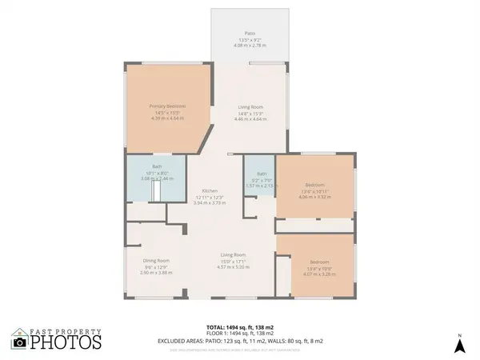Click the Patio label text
[x=250, y=33]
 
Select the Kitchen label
[x=210, y=191]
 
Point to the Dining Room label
[x=156, y=261]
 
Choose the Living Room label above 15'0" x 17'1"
[x=234, y=255]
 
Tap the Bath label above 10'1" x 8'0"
[x=157, y=166]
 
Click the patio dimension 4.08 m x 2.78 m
[x=250, y=46]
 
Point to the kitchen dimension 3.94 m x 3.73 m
[x=210, y=203]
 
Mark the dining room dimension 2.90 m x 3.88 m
[x=156, y=273]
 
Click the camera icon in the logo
[x=20, y=342]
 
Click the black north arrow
[x=459, y=346]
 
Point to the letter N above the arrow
[x=459, y=334]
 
